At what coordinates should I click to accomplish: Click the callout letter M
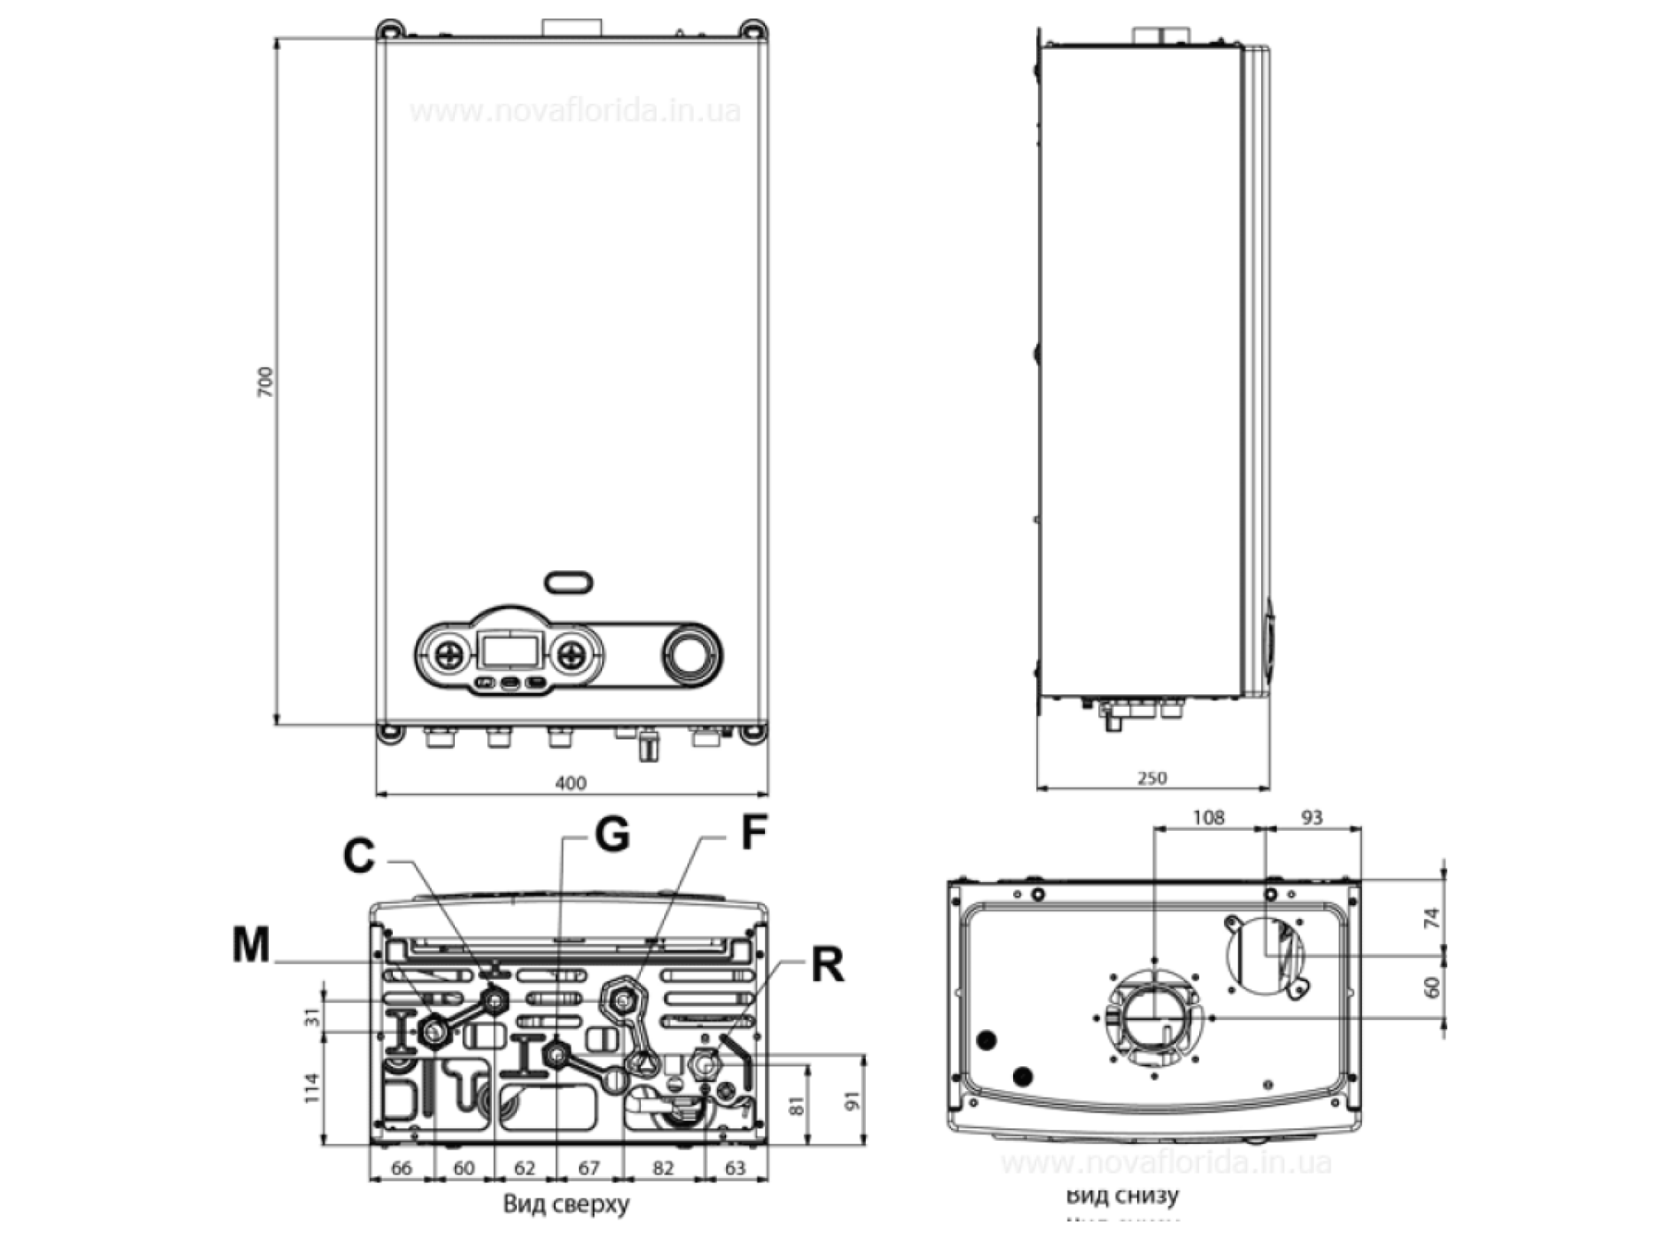(x=251, y=944)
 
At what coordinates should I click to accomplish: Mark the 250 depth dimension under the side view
(x=1153, y=778)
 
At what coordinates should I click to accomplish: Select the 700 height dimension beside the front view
(x=266, y=384)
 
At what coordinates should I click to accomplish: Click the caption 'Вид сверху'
(x=566, y=1204)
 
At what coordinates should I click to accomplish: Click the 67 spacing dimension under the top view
(x=589, y=1168)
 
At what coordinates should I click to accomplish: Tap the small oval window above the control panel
(x=569, y=582)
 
